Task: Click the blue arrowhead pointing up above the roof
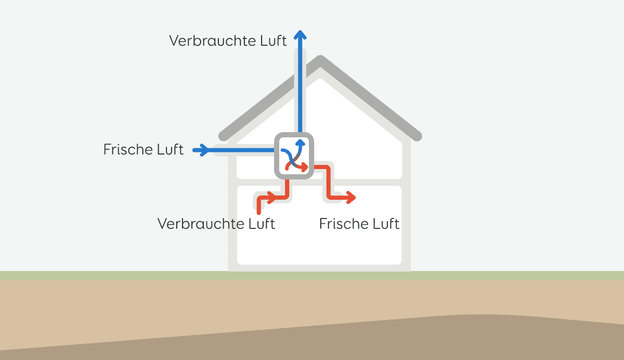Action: (x=300, y=35)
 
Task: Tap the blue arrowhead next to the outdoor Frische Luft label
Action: (x=205, y=150)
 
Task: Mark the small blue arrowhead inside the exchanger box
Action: (x=300, y=144)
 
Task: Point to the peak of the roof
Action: (x=321, y=61)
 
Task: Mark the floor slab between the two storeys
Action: (x=364, y=182)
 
